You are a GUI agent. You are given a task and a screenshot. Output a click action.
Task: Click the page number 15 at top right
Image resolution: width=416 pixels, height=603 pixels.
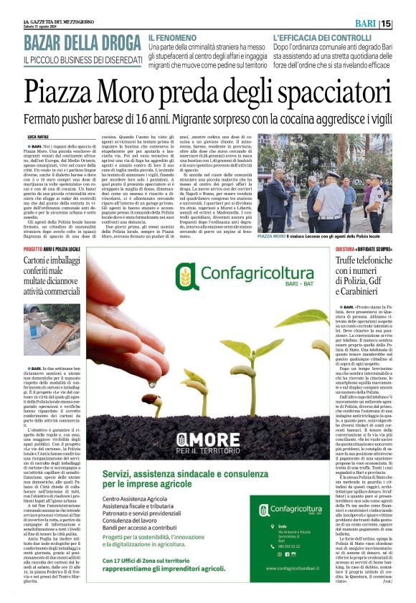pos(406,24)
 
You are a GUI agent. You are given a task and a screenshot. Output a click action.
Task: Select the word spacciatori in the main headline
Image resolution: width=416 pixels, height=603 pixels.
pos(325,91)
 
